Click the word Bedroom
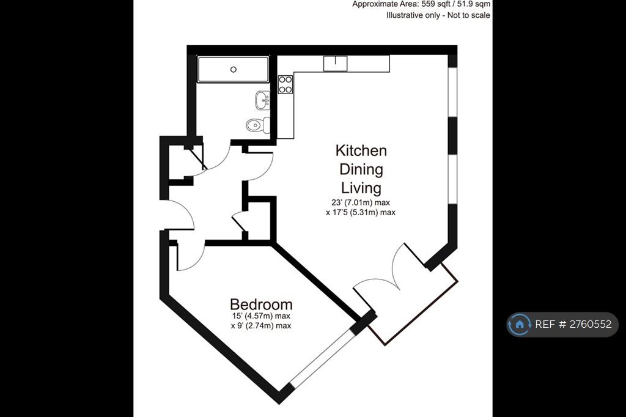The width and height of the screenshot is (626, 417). point(261,304)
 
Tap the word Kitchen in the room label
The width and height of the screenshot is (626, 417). point(361,150)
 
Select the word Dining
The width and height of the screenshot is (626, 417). point(361,170)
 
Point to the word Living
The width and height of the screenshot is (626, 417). point(361,188)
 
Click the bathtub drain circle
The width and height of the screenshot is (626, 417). point(234,70)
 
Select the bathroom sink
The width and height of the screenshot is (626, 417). point(263,100)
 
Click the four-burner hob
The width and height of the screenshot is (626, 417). point(285,84)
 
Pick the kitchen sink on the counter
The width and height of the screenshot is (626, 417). point(335,64)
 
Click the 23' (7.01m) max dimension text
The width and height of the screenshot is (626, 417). point(361,202)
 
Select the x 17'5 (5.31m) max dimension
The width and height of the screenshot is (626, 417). point(361,213)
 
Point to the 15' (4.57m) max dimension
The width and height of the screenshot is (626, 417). point(261,316)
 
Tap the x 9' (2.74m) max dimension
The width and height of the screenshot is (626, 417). point(261,325)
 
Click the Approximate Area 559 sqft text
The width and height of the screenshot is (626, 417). point(421,4)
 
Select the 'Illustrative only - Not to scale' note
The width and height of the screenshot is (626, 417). point(438,15)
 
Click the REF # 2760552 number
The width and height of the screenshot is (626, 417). point(573,324)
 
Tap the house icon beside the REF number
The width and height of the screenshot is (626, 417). point(520,324)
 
